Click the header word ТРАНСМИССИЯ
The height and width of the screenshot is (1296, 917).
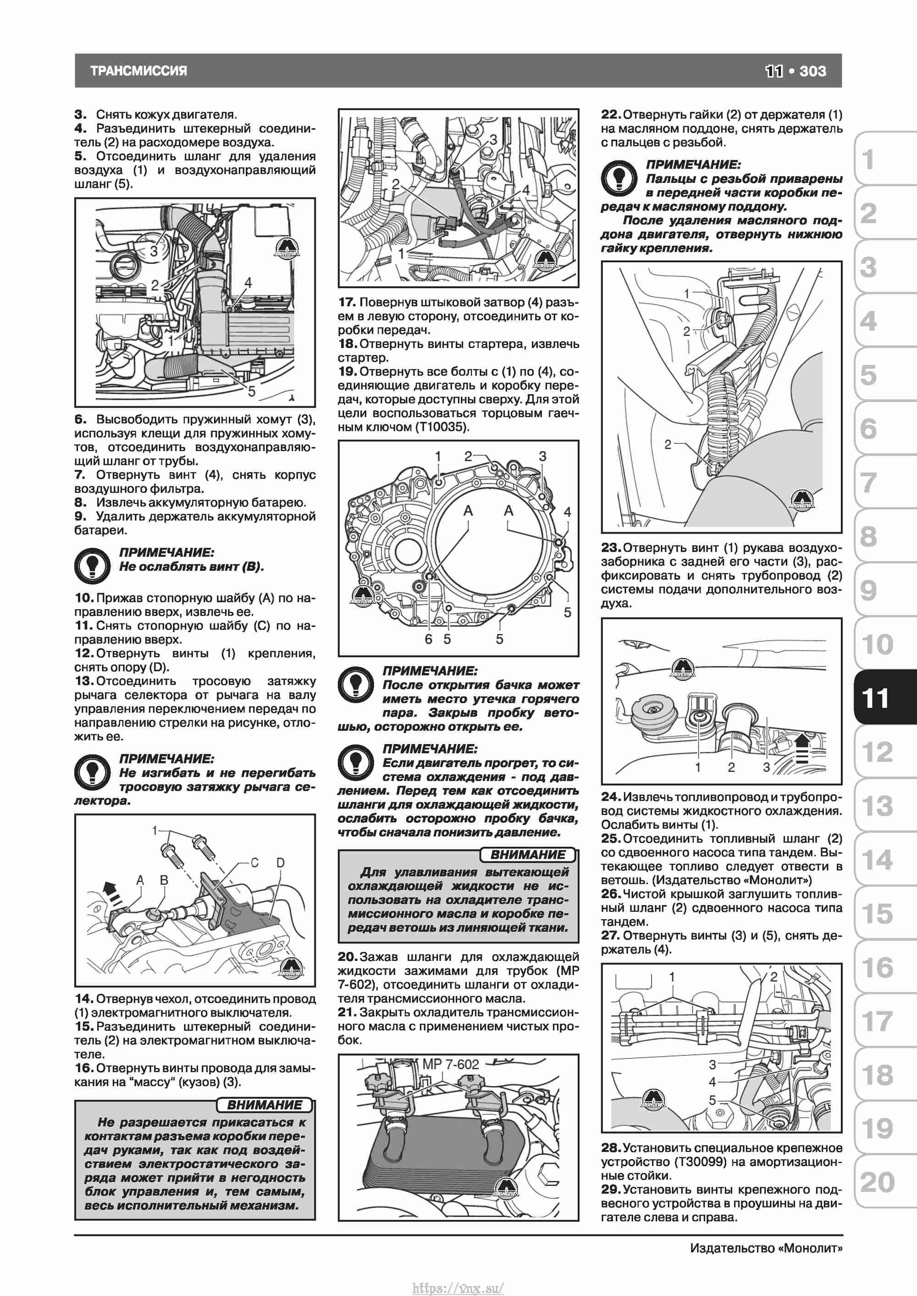(138, 71)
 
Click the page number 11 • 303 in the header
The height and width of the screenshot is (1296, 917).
(795, 71)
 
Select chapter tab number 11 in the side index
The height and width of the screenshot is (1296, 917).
(876, 698)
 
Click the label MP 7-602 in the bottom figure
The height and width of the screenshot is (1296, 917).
(450, 1064)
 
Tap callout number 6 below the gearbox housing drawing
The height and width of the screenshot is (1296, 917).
(429, 639)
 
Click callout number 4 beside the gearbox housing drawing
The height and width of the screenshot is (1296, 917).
(568, 512)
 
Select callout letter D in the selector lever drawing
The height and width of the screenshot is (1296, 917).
(281, 863)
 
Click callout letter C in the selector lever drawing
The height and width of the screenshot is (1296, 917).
(254, 863)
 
